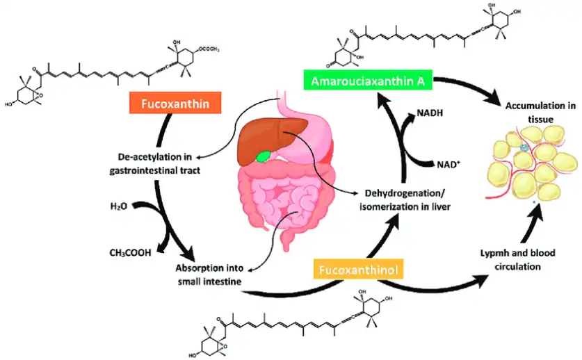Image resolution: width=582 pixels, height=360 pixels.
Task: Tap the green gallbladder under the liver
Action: point(262,156)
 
